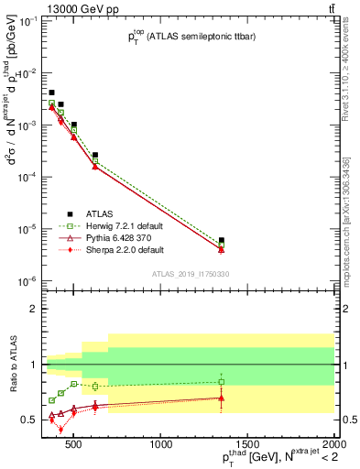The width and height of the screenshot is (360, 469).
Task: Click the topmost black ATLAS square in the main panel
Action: click(51, 93)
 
